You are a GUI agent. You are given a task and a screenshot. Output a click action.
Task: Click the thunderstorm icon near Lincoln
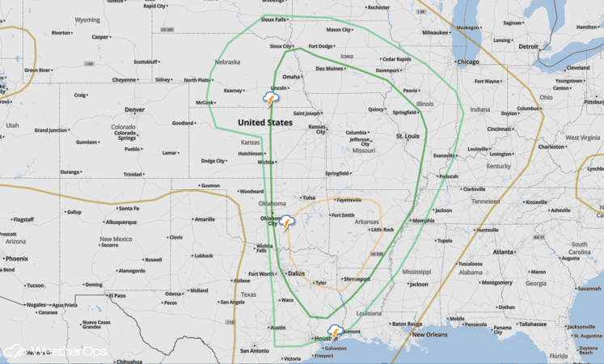[272, 99]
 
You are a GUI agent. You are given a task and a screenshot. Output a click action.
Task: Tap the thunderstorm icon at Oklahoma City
[287, 223]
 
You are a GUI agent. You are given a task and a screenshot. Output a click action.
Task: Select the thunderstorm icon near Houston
[335, 332]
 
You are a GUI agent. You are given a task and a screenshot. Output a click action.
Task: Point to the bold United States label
[265, 122]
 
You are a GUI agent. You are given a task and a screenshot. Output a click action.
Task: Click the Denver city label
[134, 109]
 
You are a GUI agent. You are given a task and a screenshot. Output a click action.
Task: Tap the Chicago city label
[467, 61]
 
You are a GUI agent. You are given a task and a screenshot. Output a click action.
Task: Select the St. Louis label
[408, 137]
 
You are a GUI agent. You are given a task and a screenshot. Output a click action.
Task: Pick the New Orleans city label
[430, 334]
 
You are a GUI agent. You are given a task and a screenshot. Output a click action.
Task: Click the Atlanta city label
[504, 252]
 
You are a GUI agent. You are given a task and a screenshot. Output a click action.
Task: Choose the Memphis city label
[423, 221]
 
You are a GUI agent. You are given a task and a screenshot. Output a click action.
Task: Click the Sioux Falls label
[273, 20]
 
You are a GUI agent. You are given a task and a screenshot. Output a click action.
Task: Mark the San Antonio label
[253, 350]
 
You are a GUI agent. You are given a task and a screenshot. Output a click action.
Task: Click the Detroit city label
[528, 46]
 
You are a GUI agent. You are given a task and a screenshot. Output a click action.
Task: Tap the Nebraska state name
[227, 61]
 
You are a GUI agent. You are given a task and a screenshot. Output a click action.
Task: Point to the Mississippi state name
[416, 272]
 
